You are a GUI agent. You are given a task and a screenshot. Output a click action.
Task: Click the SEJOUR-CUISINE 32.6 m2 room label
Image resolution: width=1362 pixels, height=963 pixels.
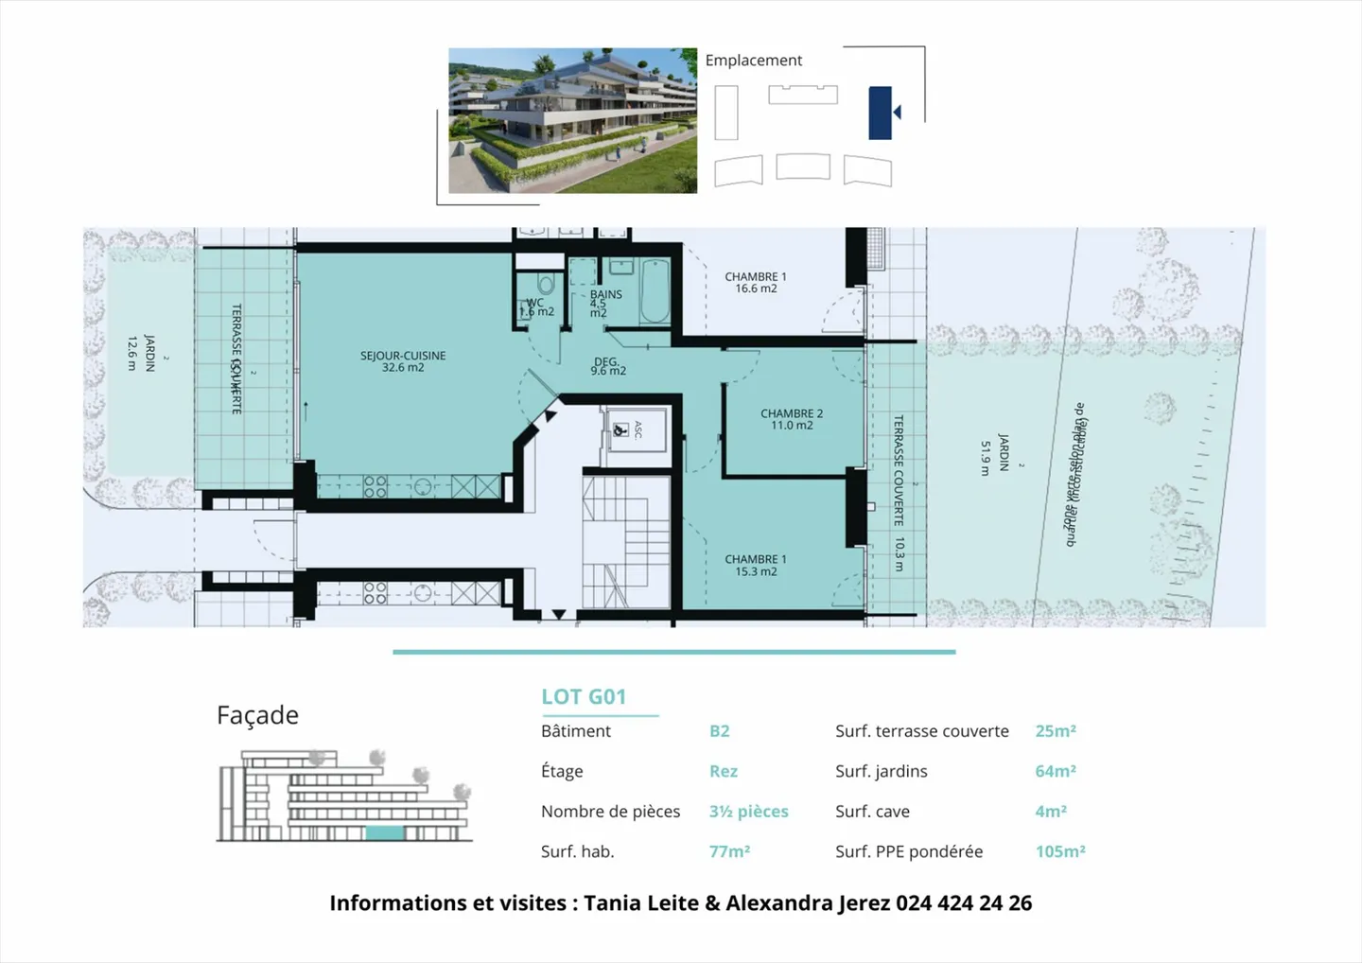403,361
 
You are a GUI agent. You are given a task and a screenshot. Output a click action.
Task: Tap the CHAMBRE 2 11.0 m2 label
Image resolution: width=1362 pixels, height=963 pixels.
792,419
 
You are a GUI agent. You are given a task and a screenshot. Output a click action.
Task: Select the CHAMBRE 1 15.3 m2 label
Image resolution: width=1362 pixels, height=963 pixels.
756,565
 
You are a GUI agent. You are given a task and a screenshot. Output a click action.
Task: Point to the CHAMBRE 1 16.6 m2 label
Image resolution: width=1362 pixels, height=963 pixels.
756,283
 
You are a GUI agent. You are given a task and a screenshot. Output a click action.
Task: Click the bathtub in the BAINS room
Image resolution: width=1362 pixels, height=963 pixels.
655,292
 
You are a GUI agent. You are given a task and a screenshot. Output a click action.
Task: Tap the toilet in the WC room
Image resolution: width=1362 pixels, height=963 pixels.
545,285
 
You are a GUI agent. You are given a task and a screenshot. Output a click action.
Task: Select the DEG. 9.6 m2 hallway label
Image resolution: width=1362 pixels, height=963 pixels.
608,366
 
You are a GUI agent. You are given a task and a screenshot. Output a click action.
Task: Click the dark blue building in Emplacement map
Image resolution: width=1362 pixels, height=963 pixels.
880,113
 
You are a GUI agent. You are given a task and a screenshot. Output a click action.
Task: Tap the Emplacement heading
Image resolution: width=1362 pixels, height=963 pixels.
753,61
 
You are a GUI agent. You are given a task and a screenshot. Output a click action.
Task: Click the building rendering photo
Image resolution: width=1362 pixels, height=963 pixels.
572,121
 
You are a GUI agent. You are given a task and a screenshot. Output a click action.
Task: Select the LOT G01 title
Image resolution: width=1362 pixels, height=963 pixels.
584,697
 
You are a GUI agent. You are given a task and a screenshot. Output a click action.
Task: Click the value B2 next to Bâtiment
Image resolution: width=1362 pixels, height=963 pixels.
719,731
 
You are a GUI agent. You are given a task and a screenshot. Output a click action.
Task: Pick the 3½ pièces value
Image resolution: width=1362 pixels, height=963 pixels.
748,812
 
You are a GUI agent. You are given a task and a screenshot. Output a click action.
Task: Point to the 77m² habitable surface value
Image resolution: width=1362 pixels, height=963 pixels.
729,851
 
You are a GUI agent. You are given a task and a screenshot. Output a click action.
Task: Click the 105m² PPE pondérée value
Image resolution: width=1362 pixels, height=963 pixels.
1059,851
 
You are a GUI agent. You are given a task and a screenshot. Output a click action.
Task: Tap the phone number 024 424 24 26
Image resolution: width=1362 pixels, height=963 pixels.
964,903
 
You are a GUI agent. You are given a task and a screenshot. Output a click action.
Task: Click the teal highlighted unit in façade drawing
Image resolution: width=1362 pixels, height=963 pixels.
385,833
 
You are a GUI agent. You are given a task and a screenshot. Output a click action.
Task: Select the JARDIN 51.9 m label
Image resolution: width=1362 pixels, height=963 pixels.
994,454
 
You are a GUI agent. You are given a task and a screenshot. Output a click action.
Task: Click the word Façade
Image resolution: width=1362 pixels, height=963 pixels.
257,715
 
